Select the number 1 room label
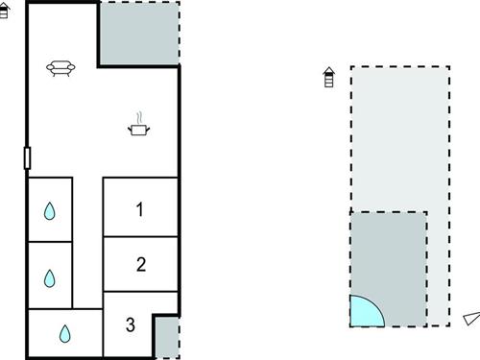click(140, 208)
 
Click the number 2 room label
click(140, 264)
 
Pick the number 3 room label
click(131, 324)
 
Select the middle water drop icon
click(50, 278)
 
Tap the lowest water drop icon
click(65, 333)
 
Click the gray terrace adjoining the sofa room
click(139, 35)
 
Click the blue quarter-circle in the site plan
click(364, 311)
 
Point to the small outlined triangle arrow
click(469, 319)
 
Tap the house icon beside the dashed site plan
click(329, 77)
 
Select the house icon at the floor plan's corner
click(4, 11)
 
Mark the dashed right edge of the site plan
click(447, 192)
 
